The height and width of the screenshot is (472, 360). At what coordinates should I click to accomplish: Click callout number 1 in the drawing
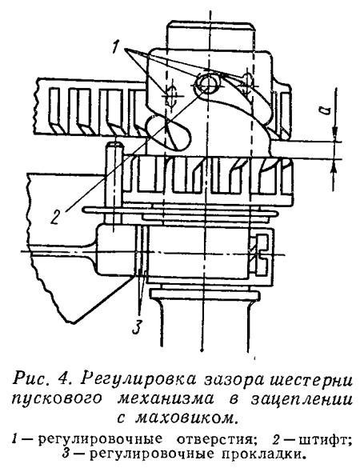[116, 47]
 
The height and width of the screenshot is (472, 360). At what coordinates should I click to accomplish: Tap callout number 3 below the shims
[137, 327]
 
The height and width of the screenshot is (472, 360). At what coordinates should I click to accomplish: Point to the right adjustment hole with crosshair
[249, 82]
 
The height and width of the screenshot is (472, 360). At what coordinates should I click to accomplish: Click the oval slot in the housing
[169, 134]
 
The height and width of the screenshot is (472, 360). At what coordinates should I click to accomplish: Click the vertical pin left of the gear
[114, 187]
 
